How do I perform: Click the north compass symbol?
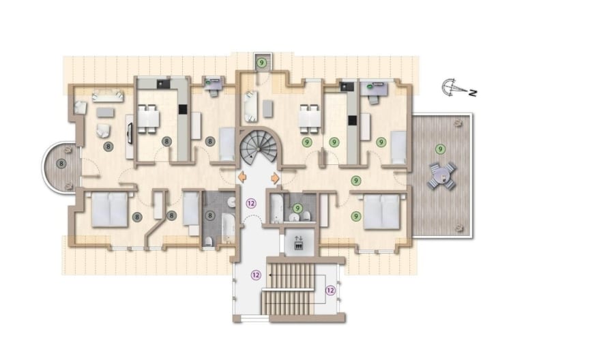point(459,89)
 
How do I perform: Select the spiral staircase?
point(258,148)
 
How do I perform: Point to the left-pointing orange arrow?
point(242,177)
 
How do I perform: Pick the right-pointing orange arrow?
point(275,178)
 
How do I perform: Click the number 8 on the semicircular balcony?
point(61,163)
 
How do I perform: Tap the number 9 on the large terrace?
point(441,149)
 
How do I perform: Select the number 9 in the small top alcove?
point(261,62)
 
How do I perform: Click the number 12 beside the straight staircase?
point(330,290)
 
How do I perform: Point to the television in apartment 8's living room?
point(130,134)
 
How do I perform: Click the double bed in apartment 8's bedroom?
point(110,209)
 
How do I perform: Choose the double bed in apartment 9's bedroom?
point(382,211)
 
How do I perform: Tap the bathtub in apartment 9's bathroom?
point(276,209)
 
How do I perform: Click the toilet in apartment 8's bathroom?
point(209,241)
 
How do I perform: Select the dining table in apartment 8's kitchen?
point(149,119)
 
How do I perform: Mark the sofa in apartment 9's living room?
point(250,106)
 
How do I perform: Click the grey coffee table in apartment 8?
point(105,112)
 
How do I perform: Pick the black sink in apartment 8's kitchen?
point(162,84)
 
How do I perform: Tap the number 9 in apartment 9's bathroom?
point(298,208)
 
